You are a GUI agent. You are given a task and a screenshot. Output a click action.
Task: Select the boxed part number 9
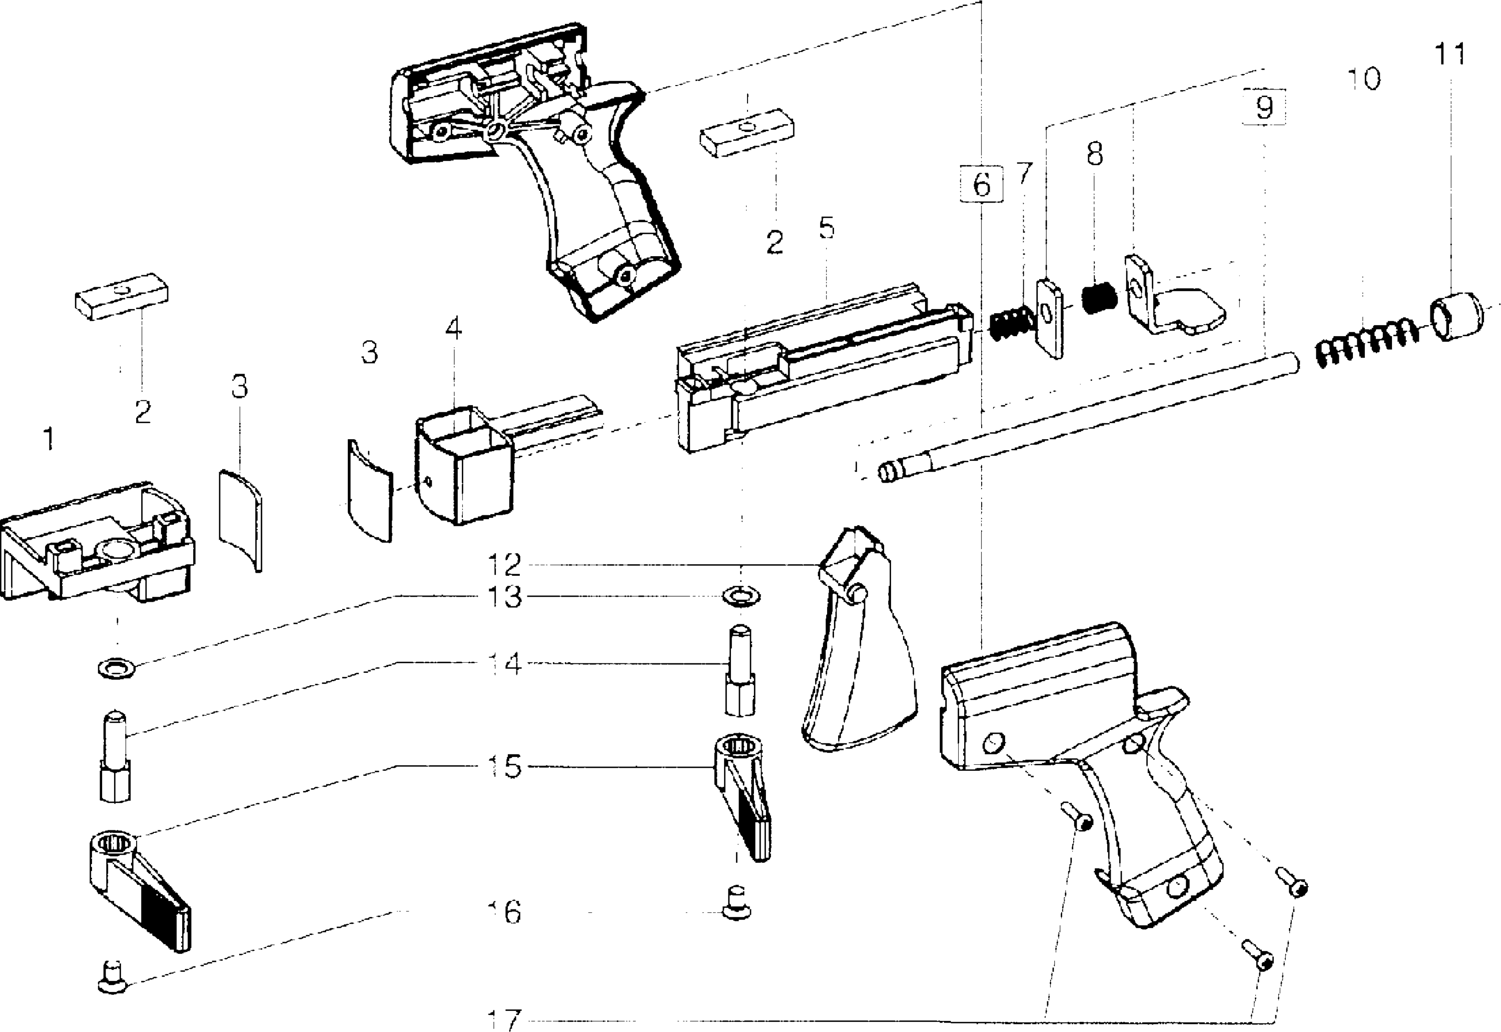click(x=1264, y=107)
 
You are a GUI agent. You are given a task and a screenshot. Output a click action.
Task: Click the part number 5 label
click(x=826, y=228)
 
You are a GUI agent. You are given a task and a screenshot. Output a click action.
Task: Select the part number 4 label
click(x=453, y=329)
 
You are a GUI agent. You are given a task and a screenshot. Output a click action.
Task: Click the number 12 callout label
click(x=504, y=564)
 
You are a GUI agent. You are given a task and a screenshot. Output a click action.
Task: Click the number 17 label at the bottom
click(x=504, y=1019)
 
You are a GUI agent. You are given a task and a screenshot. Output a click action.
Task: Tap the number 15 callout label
click(x=504, y=767)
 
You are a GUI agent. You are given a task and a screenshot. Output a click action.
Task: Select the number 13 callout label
click(x=504, y=597)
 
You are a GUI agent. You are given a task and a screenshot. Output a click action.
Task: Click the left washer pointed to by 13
click(x=117, y=667)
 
